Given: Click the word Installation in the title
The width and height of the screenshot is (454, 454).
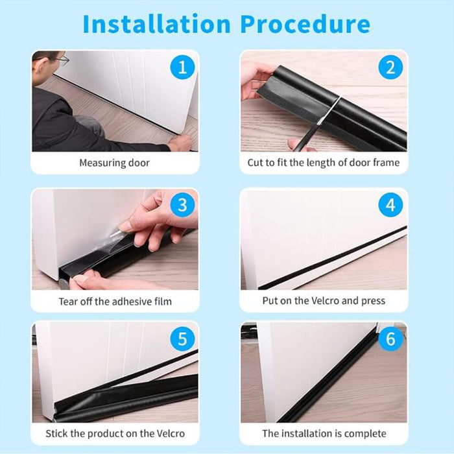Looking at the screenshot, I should click(x=156, y=24).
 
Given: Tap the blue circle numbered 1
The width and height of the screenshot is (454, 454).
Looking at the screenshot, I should click(x=182, y=67).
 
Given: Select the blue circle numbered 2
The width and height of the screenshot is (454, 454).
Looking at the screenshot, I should click(x=390, y=67).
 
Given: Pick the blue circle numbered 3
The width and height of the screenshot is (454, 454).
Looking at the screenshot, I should click(x=182, y=206).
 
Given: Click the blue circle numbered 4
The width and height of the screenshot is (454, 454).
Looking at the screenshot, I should click(x=390, y=206).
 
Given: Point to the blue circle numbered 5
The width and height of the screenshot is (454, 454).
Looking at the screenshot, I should click(x=182, y=339).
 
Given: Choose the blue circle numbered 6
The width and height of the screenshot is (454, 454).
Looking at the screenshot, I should click(x=390, y=339).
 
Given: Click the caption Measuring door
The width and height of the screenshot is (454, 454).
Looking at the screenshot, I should click(x=114, y=163).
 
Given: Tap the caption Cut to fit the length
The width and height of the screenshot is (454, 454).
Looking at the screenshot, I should click(x=323, y=163).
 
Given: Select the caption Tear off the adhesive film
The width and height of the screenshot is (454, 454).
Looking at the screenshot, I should click(x=115, y=301).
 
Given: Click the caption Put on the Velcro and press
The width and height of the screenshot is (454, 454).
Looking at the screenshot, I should click(x=324, y=301).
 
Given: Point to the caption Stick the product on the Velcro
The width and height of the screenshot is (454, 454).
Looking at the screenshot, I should click(x=115, y=433).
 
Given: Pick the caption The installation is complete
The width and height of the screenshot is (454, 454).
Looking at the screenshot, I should click(x=324, y=433).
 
